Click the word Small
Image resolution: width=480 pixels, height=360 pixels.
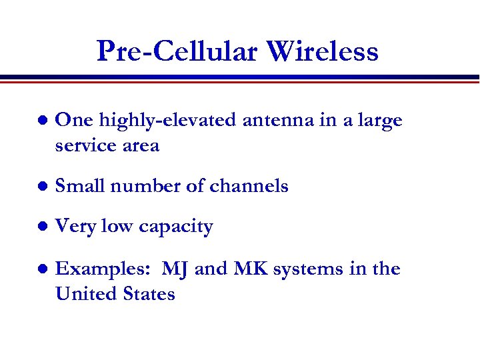[x=80, y=186]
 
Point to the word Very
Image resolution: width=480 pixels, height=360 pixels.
[x=75, y=227]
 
